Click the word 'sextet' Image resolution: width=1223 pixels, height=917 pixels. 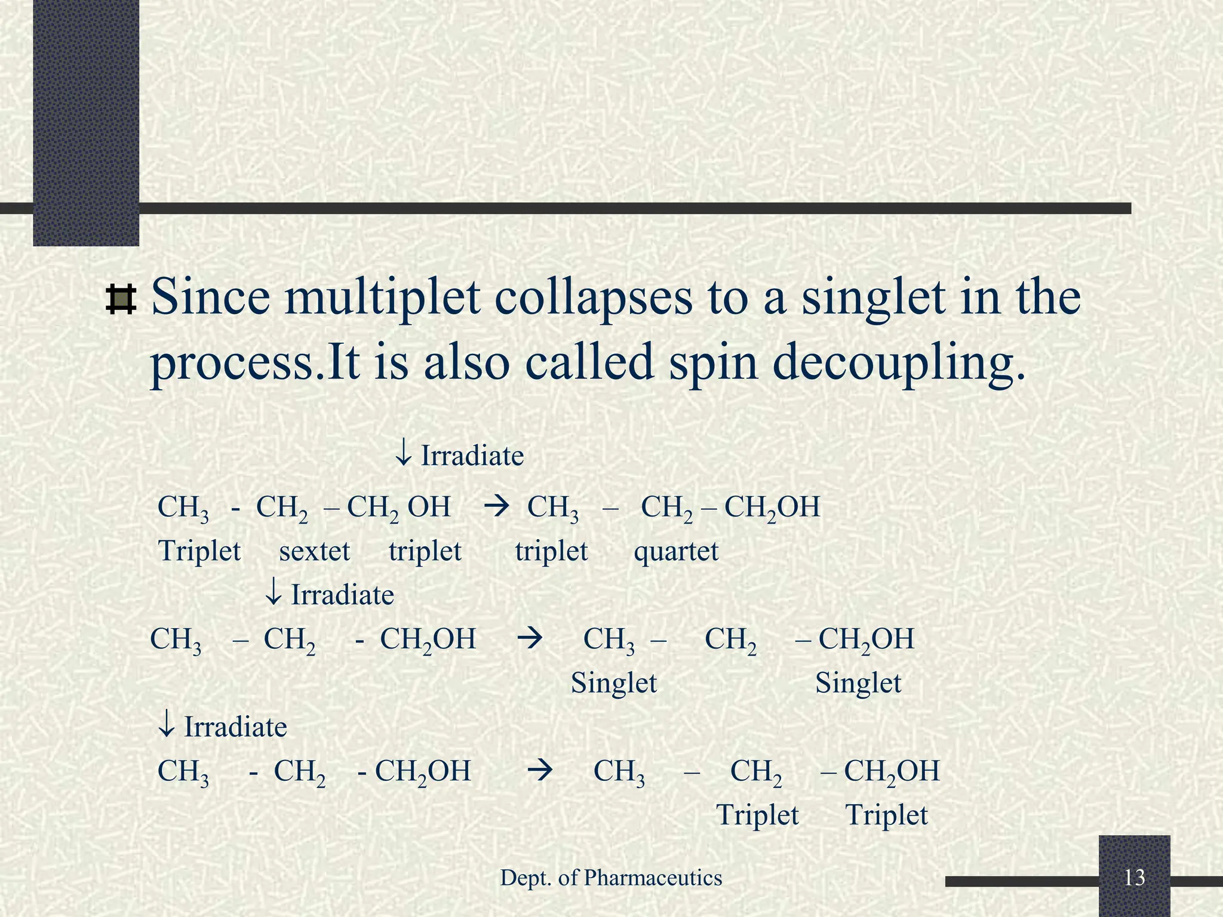click(315, 550)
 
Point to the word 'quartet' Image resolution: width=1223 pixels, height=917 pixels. click(676, 550)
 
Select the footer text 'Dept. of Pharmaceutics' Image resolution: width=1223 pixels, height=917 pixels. click(611, 878)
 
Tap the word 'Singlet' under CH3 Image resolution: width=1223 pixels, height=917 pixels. click(614, 682)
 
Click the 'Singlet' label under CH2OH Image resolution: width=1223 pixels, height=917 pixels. click(858, 682)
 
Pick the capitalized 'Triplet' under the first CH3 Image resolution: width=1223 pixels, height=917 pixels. click(199, 550)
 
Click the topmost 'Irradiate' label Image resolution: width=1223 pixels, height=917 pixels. click(472, 456)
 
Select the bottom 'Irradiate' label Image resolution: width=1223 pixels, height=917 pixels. click(235, 727)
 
